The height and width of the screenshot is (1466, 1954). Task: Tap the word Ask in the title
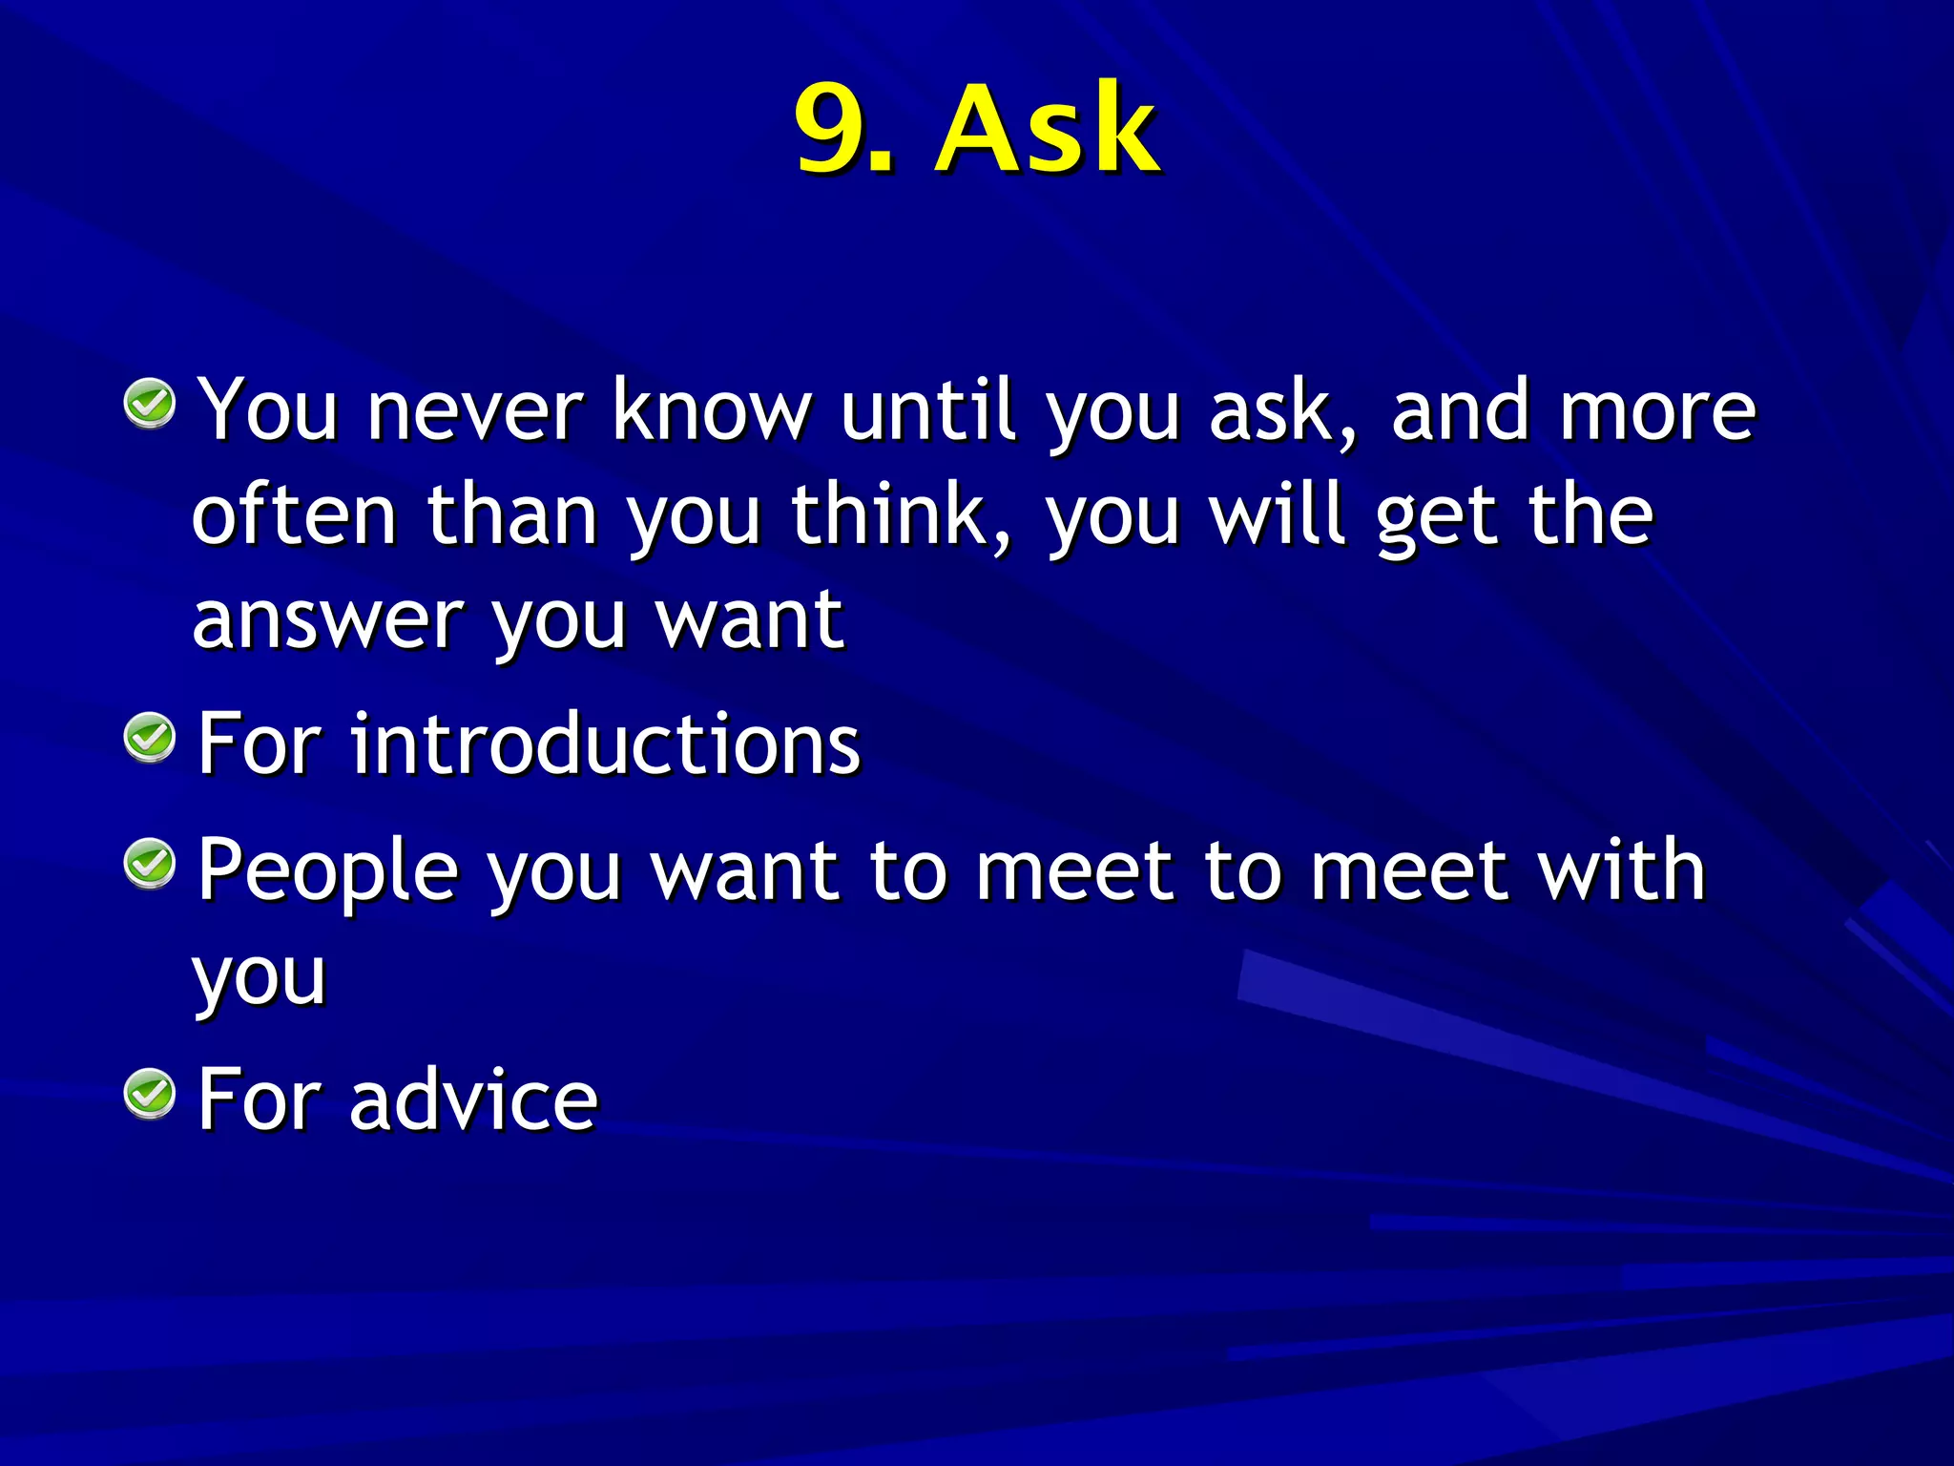(1047, 129)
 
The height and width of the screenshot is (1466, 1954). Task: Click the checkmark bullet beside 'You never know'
(150, 404)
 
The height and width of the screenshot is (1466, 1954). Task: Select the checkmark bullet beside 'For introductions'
(150, 738)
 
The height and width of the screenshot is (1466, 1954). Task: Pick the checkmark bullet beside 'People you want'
(150, 865)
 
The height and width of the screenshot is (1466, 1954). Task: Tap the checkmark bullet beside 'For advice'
(150, 1094)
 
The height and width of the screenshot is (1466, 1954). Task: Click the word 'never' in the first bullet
(474, 412)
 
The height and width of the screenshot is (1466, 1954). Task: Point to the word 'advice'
(473, 1100)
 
